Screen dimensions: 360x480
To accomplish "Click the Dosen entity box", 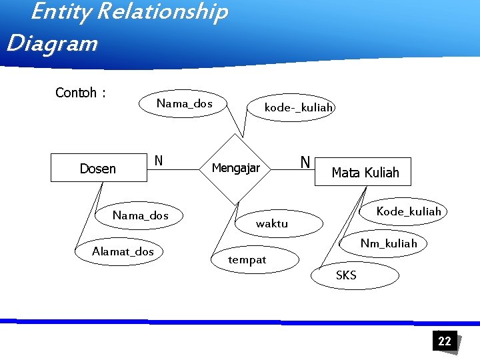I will [99, 169].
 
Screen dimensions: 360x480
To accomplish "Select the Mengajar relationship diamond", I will [236, 168].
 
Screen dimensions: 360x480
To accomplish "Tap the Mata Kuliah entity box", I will [365, 172].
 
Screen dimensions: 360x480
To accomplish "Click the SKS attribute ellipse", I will [353, 275].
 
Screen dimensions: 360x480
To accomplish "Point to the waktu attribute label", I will [272, 224].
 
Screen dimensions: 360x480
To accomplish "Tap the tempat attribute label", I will [247, 260].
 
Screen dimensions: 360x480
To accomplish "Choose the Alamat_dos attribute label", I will [123, 251].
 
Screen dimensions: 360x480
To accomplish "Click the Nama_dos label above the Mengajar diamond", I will [184, 103].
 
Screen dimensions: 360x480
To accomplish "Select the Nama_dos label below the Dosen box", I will [140, 215].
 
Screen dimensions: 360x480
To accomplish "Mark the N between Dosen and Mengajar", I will [159, 161].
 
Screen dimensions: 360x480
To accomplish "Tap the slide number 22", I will [444, 341].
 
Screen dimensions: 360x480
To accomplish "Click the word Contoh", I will [76, 93].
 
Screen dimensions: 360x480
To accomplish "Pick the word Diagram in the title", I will [51, 44].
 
